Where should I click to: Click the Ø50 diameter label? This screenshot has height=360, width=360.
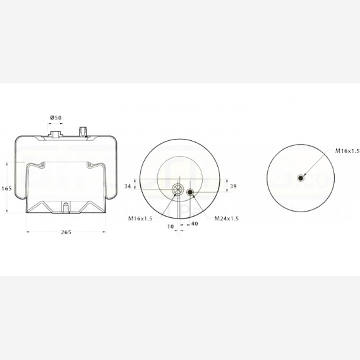56,117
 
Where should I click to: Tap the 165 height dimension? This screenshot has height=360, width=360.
6,189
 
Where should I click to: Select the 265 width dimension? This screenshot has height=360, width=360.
66,232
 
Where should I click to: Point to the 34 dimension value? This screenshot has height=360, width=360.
128,186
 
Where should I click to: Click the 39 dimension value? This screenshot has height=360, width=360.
233,186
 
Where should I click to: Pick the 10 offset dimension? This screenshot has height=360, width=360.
171,227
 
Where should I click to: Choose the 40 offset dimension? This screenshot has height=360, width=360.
195,224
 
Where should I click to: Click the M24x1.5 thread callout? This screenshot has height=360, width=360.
227,219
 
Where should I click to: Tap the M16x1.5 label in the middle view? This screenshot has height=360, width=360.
140,219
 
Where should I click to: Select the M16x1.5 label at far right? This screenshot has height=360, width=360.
347,151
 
